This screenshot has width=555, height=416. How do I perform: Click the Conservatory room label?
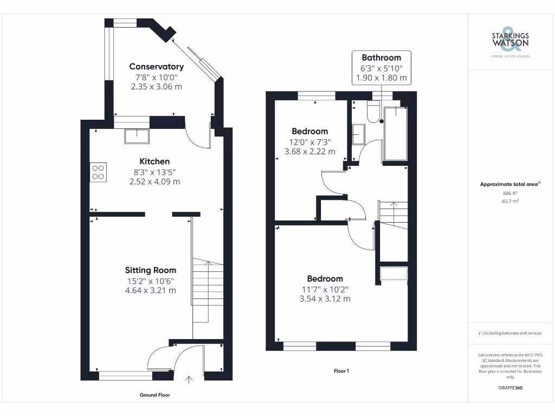tap(156, 67)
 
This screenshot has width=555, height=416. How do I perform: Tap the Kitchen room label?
tap(154, 161)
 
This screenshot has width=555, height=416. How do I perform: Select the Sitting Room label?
tap(151, 270)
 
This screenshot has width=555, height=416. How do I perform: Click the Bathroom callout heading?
tap(381, 57)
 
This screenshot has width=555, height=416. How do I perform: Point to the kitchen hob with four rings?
tap(98, 171)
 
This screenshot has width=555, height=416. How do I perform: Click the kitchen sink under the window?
tap(137, 136)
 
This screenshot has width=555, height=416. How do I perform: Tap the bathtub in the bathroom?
tap(395, 134)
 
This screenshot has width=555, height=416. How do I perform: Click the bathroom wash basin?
tap(358, 134)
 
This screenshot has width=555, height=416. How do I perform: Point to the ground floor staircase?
tap(208, 290)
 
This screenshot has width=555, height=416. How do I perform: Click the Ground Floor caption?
tap(155, 395)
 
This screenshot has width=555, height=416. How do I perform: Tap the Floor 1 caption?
tap(341, 371)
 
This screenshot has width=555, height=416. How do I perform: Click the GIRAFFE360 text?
tap(510, 388)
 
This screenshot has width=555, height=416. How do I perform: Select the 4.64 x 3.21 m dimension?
tap(151, 290)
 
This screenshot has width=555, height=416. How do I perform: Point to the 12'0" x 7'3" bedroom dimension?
tap(310, 142)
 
